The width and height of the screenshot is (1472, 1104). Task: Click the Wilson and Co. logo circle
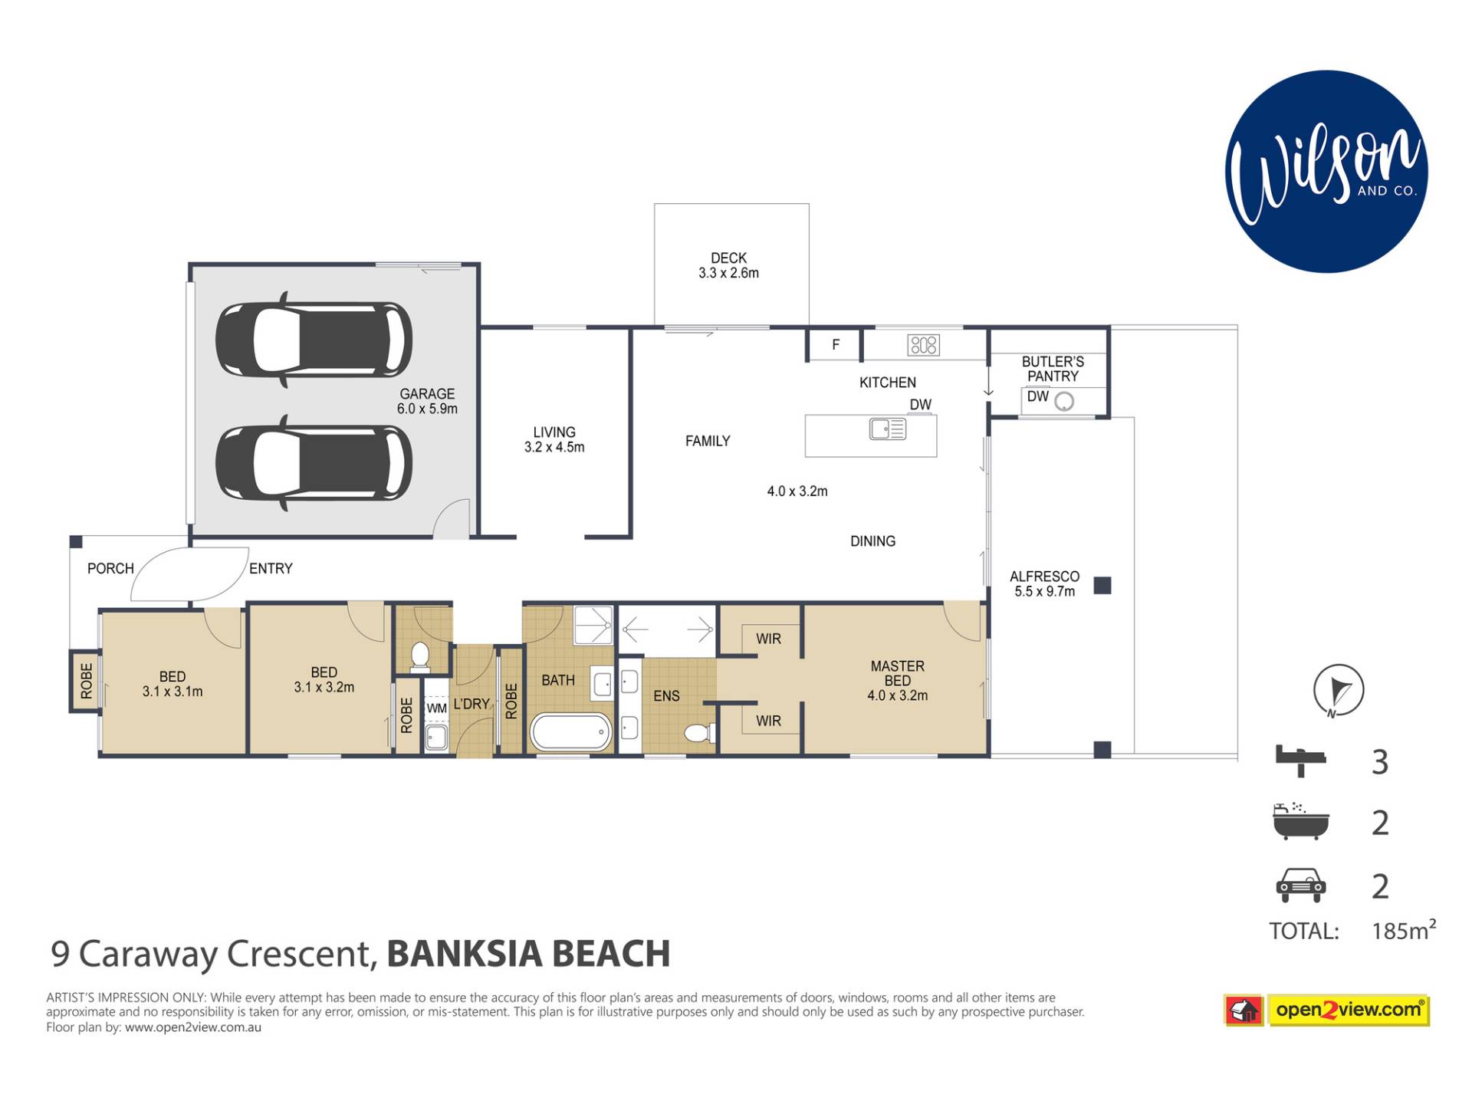point(1326,172)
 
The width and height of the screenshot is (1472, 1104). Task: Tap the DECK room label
point(728,258)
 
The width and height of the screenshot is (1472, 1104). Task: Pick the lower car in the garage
point(314,463)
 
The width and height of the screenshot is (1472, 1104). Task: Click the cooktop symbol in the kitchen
point(923,345)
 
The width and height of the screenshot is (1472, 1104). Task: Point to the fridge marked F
point(835,345)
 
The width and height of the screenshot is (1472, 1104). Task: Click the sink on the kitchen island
point(888,429)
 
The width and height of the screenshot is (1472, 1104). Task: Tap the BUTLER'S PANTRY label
point(1053,369)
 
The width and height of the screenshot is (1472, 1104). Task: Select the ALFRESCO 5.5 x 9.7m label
point(1044,583)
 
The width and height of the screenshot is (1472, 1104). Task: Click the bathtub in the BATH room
point(571,732)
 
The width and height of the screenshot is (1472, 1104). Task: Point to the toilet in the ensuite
point(698,734)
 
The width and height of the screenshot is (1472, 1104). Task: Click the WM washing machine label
point(436,708)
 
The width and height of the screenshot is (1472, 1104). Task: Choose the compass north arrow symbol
point(1339,690)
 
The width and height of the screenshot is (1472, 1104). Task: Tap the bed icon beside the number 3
point(1300,761)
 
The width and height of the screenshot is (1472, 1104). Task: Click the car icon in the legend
point(1300,885)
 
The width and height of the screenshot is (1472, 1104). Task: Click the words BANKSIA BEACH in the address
point(528,954)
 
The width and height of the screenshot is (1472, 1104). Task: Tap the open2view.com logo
point(1327,1010)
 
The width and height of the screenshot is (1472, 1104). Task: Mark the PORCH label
point(110,568)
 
